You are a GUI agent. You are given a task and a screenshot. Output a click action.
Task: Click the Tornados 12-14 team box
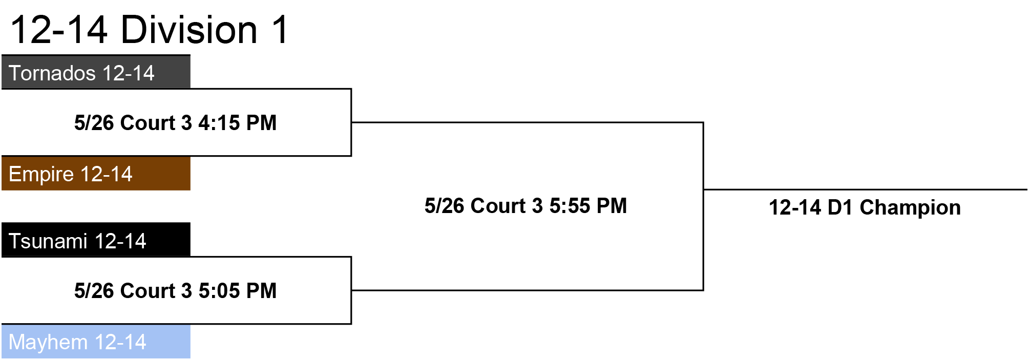click(x=96, y=72)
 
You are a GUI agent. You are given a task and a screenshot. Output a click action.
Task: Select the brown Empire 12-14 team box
click(x=96, y=174)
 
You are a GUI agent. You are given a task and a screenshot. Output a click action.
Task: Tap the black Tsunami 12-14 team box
click(x=96, y=240)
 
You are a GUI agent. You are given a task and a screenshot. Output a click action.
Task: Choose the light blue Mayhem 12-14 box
click(x=96, y=342)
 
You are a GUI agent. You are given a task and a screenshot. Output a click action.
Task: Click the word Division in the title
click(x=189, y=29)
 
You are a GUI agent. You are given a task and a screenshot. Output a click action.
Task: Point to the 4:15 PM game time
click(x=238, y=123)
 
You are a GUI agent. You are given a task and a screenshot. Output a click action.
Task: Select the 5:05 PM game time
click(x=238, y=291)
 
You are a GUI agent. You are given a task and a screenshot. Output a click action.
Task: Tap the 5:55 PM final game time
click(x=588, y=206)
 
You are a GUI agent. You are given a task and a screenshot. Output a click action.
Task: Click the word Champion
click(x=910, y=208)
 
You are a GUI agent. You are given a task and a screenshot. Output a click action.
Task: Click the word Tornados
click(x=52, y=73)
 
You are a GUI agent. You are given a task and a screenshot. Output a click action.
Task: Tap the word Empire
click(x=41, y=175)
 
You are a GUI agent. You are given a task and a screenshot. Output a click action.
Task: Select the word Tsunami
click(x=49, y=241)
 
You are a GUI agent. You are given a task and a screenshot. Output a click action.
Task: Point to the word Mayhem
click(x=49, y=343)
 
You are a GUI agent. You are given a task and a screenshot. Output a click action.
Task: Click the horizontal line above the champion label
click(x=866, y=189)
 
